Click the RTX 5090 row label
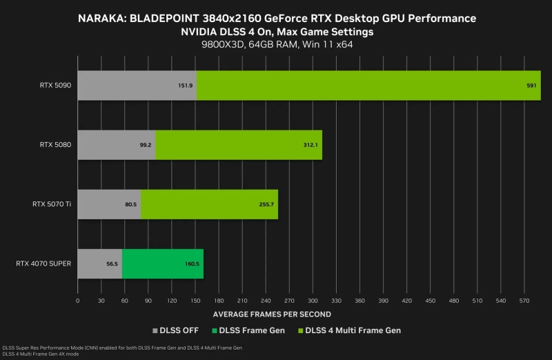click(x=57, y=86)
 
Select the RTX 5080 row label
click(x=57, y=145)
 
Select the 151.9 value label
click(x=185, y=86)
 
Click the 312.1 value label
click(x=308, y=146)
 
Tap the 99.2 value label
click(x=146, y=146)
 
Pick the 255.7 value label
click(x=265, y=205)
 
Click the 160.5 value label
click(x=191, y=264)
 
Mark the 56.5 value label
click(x=111, y=264)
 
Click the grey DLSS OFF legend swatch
click(x=155, y=330)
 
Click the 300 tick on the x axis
click(x=313, y=301)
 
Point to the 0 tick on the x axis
click(x=77, y=301)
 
